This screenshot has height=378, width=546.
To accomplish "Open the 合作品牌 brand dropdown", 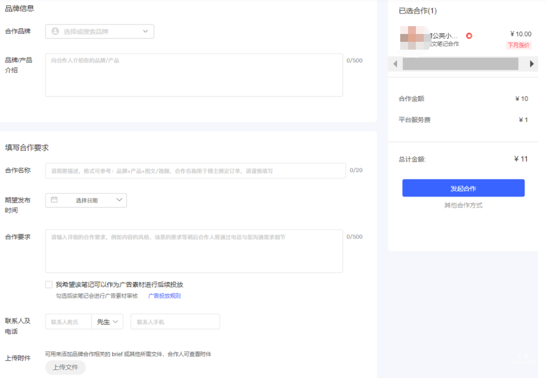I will tap(100, 31).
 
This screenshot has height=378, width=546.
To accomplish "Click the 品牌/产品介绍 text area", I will tap(194, 75).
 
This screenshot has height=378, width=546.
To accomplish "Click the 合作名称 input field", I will tap(195, 171).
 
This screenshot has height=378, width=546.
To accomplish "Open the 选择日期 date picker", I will tap(86, 200).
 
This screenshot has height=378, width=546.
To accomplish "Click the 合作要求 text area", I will tap(194, 251).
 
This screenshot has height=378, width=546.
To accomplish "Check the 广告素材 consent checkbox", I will tap(49, 285).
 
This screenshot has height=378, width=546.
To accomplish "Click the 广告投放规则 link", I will tap(164, 296).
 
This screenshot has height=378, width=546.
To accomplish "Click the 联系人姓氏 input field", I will tap(68, 322).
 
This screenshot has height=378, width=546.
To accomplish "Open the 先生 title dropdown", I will tap(107, 322).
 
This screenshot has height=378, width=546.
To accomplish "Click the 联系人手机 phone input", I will tap(175, 322).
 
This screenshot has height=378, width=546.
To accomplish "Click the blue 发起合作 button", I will tap(463, 188).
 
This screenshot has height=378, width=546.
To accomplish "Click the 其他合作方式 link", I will tap(463, 205).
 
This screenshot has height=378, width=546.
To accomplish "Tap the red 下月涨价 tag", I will tap(518, 45).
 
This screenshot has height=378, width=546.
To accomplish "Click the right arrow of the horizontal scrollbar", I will tap(532, 64).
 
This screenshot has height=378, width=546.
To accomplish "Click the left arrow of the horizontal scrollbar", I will tap(395, 64).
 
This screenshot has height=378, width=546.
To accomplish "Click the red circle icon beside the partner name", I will tap(469, 36).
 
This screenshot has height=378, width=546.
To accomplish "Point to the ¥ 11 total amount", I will tap(521, 159).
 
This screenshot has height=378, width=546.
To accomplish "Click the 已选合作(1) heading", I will tap(417, 11).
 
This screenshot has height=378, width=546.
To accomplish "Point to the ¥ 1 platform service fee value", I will tap(523, 120).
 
